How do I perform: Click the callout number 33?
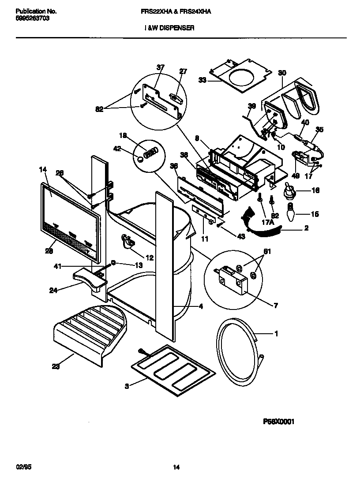[x=202, y=80]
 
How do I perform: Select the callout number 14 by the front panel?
[x=43, y=169]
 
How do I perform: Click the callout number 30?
[x=282, y=73]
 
